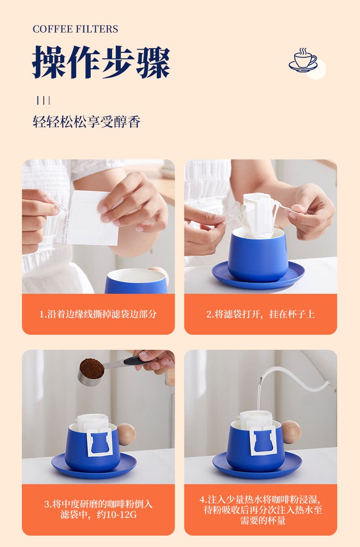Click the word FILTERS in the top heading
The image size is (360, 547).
[97, 29]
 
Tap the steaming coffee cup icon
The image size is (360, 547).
[303, 60]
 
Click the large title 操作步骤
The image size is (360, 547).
[101, 62]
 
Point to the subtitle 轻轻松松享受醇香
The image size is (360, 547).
[87, 122]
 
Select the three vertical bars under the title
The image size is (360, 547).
[43, 100]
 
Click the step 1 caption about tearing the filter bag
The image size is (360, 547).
[98, 314]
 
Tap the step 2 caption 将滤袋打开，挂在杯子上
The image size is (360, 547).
[261, 314]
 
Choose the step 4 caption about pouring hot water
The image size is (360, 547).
[261, 510]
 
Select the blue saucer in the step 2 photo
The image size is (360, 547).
[258, 276]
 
